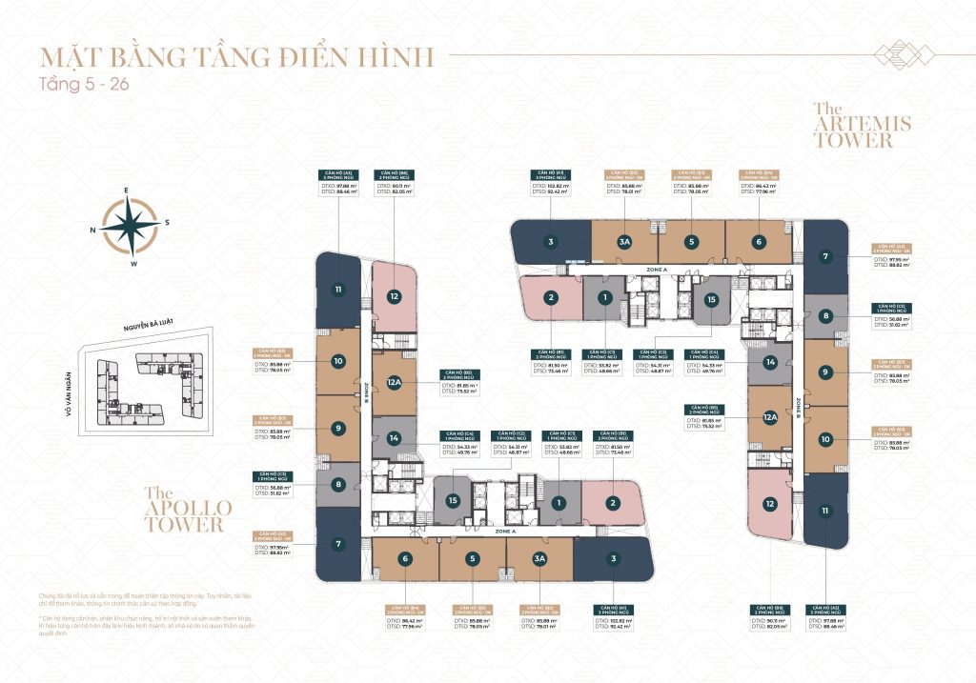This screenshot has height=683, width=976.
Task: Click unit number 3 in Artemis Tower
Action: (550, 242)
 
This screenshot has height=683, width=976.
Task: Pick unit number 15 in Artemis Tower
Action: (710, 299)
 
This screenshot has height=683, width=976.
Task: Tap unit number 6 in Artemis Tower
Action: (759, 242)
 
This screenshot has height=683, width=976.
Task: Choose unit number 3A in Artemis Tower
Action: (624, 242)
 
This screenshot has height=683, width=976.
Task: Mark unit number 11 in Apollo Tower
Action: (337, 290)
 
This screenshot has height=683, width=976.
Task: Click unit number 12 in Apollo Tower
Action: (393, 296)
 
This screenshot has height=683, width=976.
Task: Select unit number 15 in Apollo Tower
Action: (454, 500)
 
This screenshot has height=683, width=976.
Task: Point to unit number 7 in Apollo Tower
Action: (337, 544)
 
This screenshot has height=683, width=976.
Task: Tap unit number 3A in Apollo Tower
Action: (539, 559)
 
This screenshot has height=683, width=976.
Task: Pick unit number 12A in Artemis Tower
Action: (769, 416)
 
